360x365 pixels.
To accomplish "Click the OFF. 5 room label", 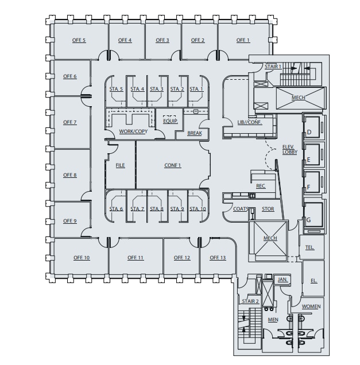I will tap(79, 40).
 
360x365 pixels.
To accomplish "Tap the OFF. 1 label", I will tap(243, 40).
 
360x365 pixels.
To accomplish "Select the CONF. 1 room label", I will tap(173, 165).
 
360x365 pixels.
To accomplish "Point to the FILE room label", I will tap(120, 165).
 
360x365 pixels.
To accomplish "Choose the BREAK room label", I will tap(195, 134).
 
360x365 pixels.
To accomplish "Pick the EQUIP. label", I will tap(171, 121).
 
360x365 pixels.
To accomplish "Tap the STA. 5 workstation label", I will tap(117, 89).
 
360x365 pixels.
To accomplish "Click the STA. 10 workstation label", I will tap(198, 209).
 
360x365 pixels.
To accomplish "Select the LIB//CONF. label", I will tap(250, 122).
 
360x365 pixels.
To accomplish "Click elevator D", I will tap(309, 133).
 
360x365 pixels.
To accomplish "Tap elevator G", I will tap(309, 220).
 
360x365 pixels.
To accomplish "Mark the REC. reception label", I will tap(261, 186).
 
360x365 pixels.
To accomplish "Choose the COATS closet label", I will tap(241, 209).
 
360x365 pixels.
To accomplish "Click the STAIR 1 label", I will tap(273, 67).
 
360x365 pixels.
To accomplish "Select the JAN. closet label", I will tap(282, 279).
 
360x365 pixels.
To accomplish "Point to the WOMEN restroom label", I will tap(311, 306).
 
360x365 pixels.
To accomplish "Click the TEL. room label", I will tap(309, 247).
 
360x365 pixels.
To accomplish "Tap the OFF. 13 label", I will tap(218, 258).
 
